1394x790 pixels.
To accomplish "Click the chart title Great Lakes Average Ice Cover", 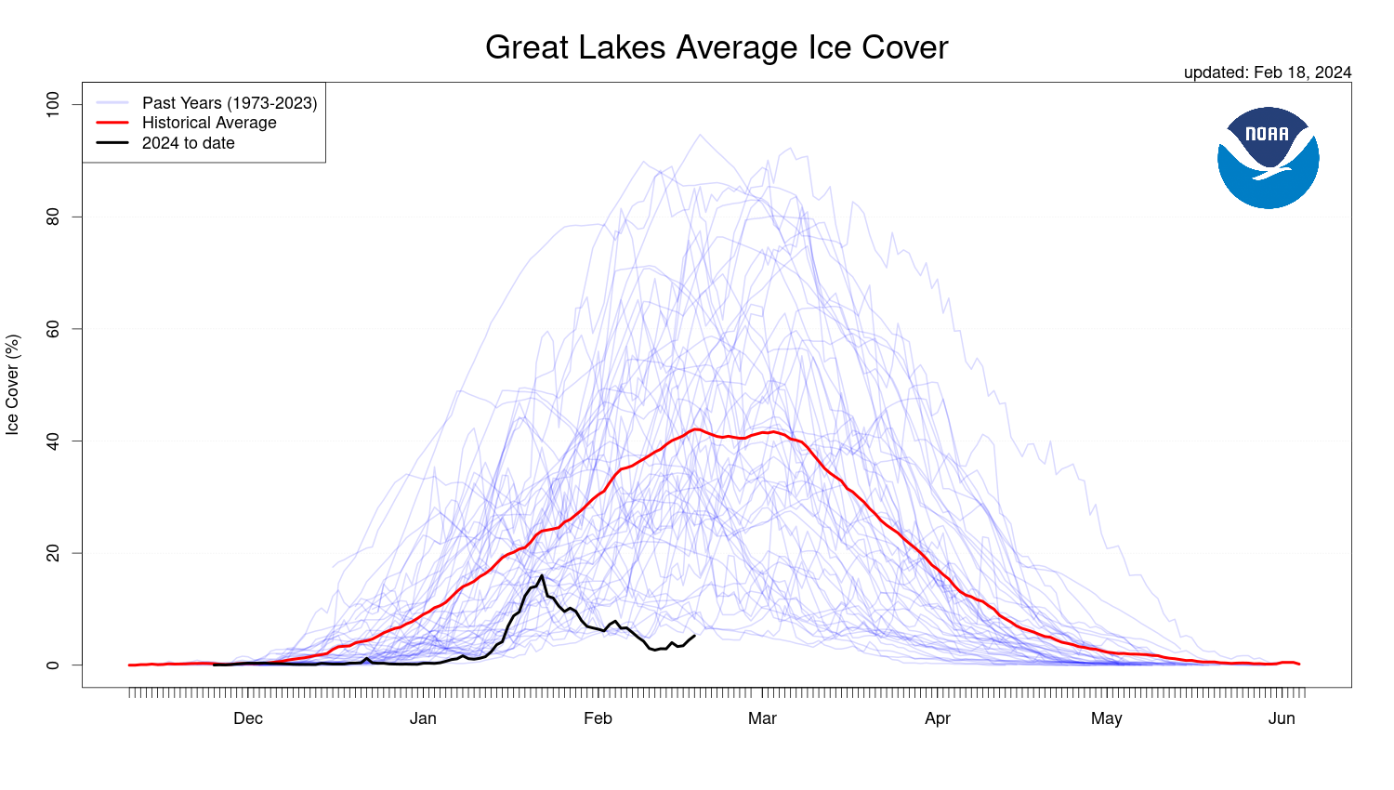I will (x=717, y=47).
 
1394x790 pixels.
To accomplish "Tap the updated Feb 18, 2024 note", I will (x=1267, y=72).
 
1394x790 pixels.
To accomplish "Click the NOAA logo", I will (x=1268, y=157).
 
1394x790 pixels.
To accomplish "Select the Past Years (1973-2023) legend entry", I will (x=229, y=103).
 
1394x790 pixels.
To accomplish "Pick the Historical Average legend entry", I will (x=209, y=123).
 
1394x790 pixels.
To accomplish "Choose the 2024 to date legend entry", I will (x=188, y=143).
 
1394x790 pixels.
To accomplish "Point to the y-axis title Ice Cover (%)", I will (x=13, y=385).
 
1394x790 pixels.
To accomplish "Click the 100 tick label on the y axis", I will (x=52, y=103).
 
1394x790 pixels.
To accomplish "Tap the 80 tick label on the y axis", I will (x=52, y=217).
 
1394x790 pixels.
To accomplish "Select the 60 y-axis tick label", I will (x=52, y=329).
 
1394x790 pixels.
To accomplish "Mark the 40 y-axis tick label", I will (x=52, y=441).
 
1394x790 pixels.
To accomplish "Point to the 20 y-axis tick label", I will (x=52, y=553).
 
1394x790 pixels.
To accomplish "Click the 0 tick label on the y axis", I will (x=52, y=665).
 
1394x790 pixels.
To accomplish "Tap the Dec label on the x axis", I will (x=248, y=718).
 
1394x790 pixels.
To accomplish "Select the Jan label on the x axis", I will (x=423, y=718).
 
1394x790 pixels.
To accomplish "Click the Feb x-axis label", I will (x=598, y=718).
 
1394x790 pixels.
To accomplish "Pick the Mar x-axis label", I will (x=762, y=718).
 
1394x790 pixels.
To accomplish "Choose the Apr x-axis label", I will (x=938, y=718).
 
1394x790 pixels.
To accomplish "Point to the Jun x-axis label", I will (x=1282, y=718).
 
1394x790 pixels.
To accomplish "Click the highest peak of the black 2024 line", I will (x=542, y=575).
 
